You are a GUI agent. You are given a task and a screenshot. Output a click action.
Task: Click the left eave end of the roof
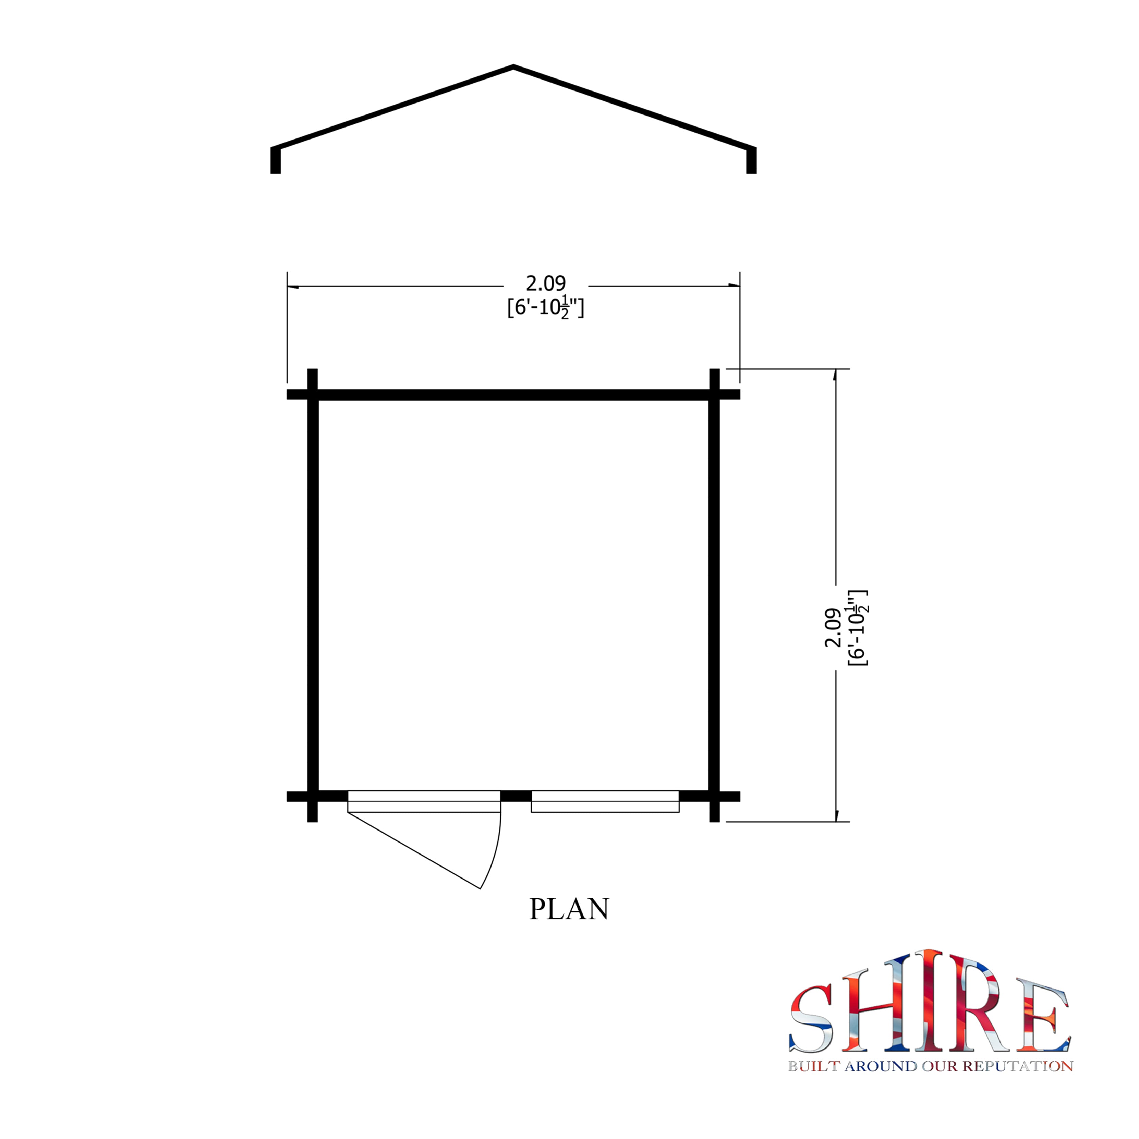pyautogui.click(x=275, y=160)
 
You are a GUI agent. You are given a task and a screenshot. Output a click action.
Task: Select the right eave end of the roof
pyautogui.click(x=751, y=160)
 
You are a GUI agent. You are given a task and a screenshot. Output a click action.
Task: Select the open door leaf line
pyautogui.click(x=414, y=851)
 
